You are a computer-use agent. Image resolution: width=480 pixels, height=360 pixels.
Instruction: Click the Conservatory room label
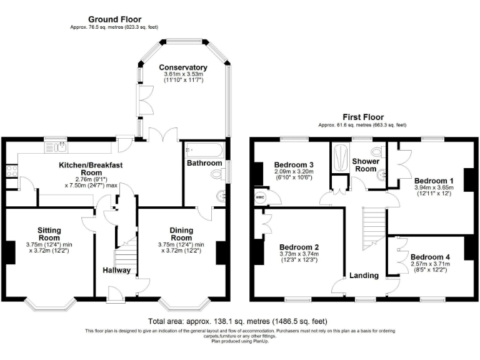182,67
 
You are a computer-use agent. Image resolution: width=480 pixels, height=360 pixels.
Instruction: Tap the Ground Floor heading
114,19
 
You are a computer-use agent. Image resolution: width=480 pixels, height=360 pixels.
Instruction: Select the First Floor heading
362,117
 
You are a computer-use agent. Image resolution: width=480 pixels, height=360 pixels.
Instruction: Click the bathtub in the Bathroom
203,151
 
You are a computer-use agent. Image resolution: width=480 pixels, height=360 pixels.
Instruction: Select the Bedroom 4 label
431,257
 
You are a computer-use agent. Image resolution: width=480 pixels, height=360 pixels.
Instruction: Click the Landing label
363,275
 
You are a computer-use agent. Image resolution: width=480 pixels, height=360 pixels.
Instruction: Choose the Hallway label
117,270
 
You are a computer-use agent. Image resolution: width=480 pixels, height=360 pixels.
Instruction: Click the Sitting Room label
49,234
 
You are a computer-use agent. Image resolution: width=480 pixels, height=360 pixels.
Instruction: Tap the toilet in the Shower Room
377,152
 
